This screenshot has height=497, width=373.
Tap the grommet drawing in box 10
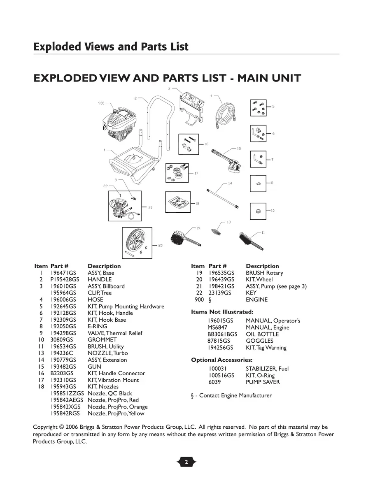258,211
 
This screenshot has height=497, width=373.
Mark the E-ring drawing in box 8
258,183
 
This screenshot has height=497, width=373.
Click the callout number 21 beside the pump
150,208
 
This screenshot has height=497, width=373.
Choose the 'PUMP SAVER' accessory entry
263,382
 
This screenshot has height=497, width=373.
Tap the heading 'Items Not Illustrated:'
222,312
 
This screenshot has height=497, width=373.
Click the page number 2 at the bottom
186,462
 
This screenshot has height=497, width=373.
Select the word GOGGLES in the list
259,341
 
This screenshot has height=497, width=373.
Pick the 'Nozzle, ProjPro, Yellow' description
116,413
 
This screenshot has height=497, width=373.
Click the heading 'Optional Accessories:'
221,360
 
